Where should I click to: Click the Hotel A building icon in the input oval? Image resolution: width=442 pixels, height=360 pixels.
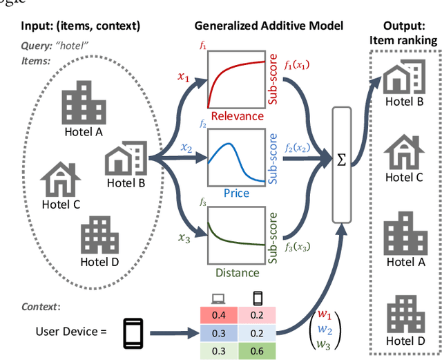[82, 102]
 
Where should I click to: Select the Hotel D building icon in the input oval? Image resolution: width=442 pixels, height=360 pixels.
[99, 234]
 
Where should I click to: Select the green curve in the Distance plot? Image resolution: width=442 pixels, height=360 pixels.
[235, 238]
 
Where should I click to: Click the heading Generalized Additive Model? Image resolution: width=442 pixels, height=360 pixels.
[269, 26]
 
